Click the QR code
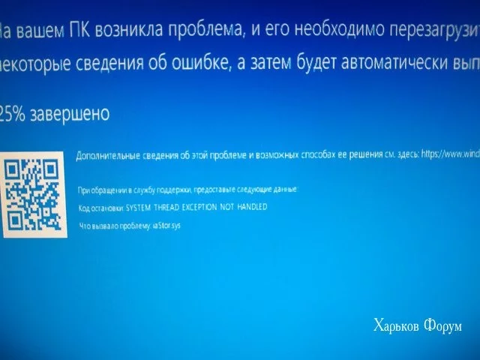point(34,193)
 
